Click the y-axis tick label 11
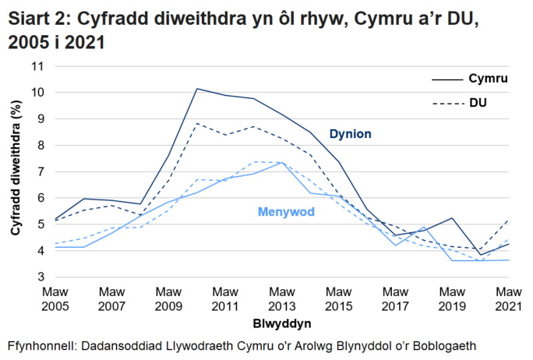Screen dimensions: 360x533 click(36, 66)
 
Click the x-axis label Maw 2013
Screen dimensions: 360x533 click(282, 298)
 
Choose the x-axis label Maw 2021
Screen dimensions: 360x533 click(510, 298)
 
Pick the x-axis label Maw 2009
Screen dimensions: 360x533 click(168, 298)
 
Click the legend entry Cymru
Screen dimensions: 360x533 click(488, 79)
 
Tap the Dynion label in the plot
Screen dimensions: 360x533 click(350, 134)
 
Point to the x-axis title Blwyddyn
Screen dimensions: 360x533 click(282, 322)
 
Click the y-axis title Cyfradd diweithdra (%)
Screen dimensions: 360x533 click(15, 172)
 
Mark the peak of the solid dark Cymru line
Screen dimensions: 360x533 click(197, 89)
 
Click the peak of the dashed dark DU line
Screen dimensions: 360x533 click(197, 123)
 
